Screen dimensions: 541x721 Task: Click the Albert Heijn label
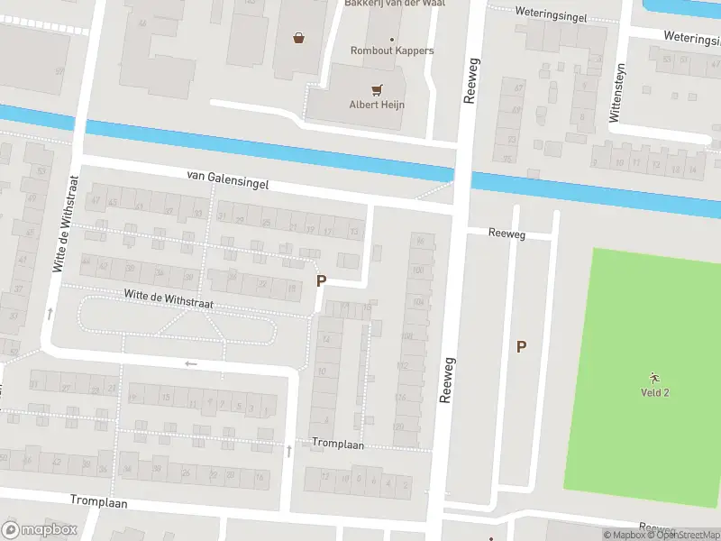(x=377, y=105)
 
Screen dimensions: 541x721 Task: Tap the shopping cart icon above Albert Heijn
(x=377, y=89)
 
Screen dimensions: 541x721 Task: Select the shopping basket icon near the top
(x=298, y=37)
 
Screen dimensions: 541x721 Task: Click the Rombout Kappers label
(x=392, y=50)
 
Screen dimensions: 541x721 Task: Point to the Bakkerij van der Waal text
(x=395, y=4)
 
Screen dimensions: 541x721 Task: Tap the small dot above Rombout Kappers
(x=392, y=39)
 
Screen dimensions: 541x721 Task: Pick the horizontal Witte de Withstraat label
(x=169, y=299)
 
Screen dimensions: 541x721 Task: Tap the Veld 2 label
(x=654, y=392)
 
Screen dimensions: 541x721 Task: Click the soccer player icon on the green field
(x=654, y=377)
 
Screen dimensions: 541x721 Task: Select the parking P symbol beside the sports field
(x=521, y=346)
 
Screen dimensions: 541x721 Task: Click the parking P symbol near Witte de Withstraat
(x=321, y=281)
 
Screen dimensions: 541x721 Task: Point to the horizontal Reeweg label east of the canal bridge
(x=506, y=233)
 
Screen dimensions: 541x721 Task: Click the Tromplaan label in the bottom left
(x=99, y=501)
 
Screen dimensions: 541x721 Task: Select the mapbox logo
(x=39, y=530)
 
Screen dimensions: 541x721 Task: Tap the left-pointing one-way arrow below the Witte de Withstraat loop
(x=190, y=364)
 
